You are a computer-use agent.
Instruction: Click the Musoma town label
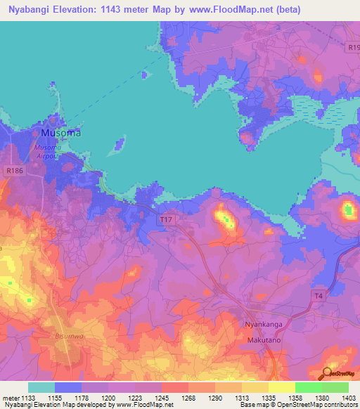[60, 132]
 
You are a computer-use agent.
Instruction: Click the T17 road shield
[166, 221]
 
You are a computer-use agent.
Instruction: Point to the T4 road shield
[319, 295]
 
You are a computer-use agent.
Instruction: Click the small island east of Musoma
[119, 145]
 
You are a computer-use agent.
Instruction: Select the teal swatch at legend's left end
[41, 387]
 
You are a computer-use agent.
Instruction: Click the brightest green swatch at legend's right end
[335, 387]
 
